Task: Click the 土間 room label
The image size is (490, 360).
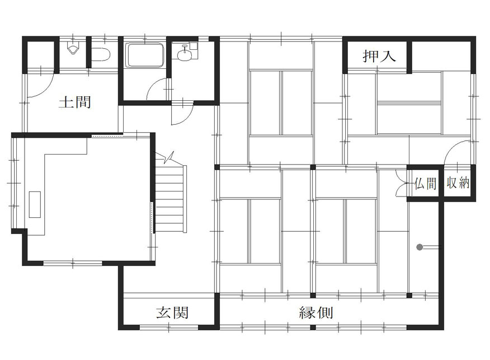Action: [x=75, y=102]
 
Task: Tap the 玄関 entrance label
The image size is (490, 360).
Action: [x=172, y=312]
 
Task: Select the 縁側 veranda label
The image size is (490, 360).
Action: [x=316, y=312]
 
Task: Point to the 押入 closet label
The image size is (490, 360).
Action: [x=379, y=56]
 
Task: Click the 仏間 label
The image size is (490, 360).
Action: [x=425, y=183]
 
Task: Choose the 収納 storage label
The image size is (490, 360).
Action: [x=458, y=183]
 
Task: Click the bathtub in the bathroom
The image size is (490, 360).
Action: [x=145, y=55]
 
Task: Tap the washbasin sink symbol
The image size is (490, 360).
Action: [x=185, y=54]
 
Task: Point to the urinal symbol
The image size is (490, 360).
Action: [x=73, y=49]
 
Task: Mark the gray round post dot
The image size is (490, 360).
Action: [x=420, y=247]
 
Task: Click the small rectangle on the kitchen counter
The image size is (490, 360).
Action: [x=35, y=204]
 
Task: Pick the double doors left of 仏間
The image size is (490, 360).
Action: [x=401, y=183]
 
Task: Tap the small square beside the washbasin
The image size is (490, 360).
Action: [x=194, y=46]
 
